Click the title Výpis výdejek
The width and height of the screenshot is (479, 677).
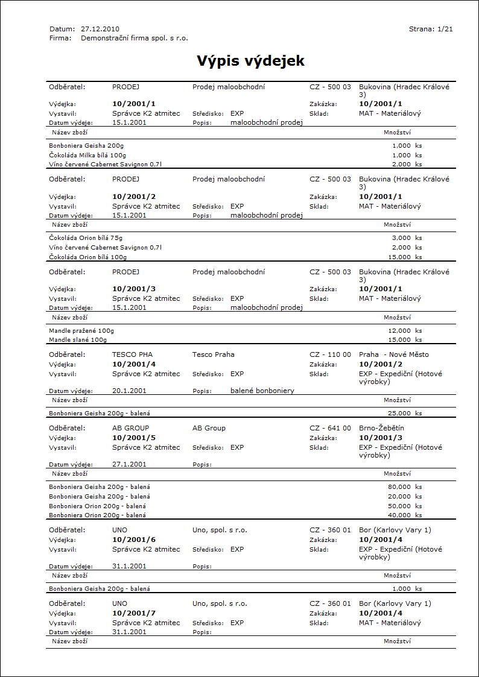[x=250, y=61]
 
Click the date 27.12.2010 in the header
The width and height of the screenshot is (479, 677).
[x=100, y=29]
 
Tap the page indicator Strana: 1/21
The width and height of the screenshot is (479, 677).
[x=431, y=29]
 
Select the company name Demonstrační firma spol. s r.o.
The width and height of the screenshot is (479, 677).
[x=134, y=38]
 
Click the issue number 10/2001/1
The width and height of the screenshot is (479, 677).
[x=134, y=104]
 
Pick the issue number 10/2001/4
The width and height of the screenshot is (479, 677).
[x=134, y=364]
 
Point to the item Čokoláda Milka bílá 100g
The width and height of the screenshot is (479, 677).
[x=88, y=155]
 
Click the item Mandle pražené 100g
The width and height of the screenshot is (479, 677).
[x=81, y=330]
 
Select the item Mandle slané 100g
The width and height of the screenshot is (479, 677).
[x=78, y=340]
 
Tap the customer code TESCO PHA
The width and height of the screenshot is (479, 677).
[x=133, y=354]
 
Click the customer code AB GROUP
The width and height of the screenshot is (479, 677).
[x=131, y=428]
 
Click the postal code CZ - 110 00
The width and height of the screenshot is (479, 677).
[x=330, y=354]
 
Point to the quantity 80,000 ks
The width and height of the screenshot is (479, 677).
[x=405, y=486]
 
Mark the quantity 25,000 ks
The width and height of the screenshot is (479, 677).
[x=405, y=413]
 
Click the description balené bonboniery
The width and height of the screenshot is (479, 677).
[x=262, y=391]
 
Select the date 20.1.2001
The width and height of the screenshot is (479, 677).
[x=129, y=391]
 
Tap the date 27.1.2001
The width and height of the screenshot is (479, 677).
[x=129, y=464]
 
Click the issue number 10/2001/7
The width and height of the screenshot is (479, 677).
[x=134, y=613]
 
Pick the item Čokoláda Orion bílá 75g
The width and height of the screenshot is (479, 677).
[x=86, y=238]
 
